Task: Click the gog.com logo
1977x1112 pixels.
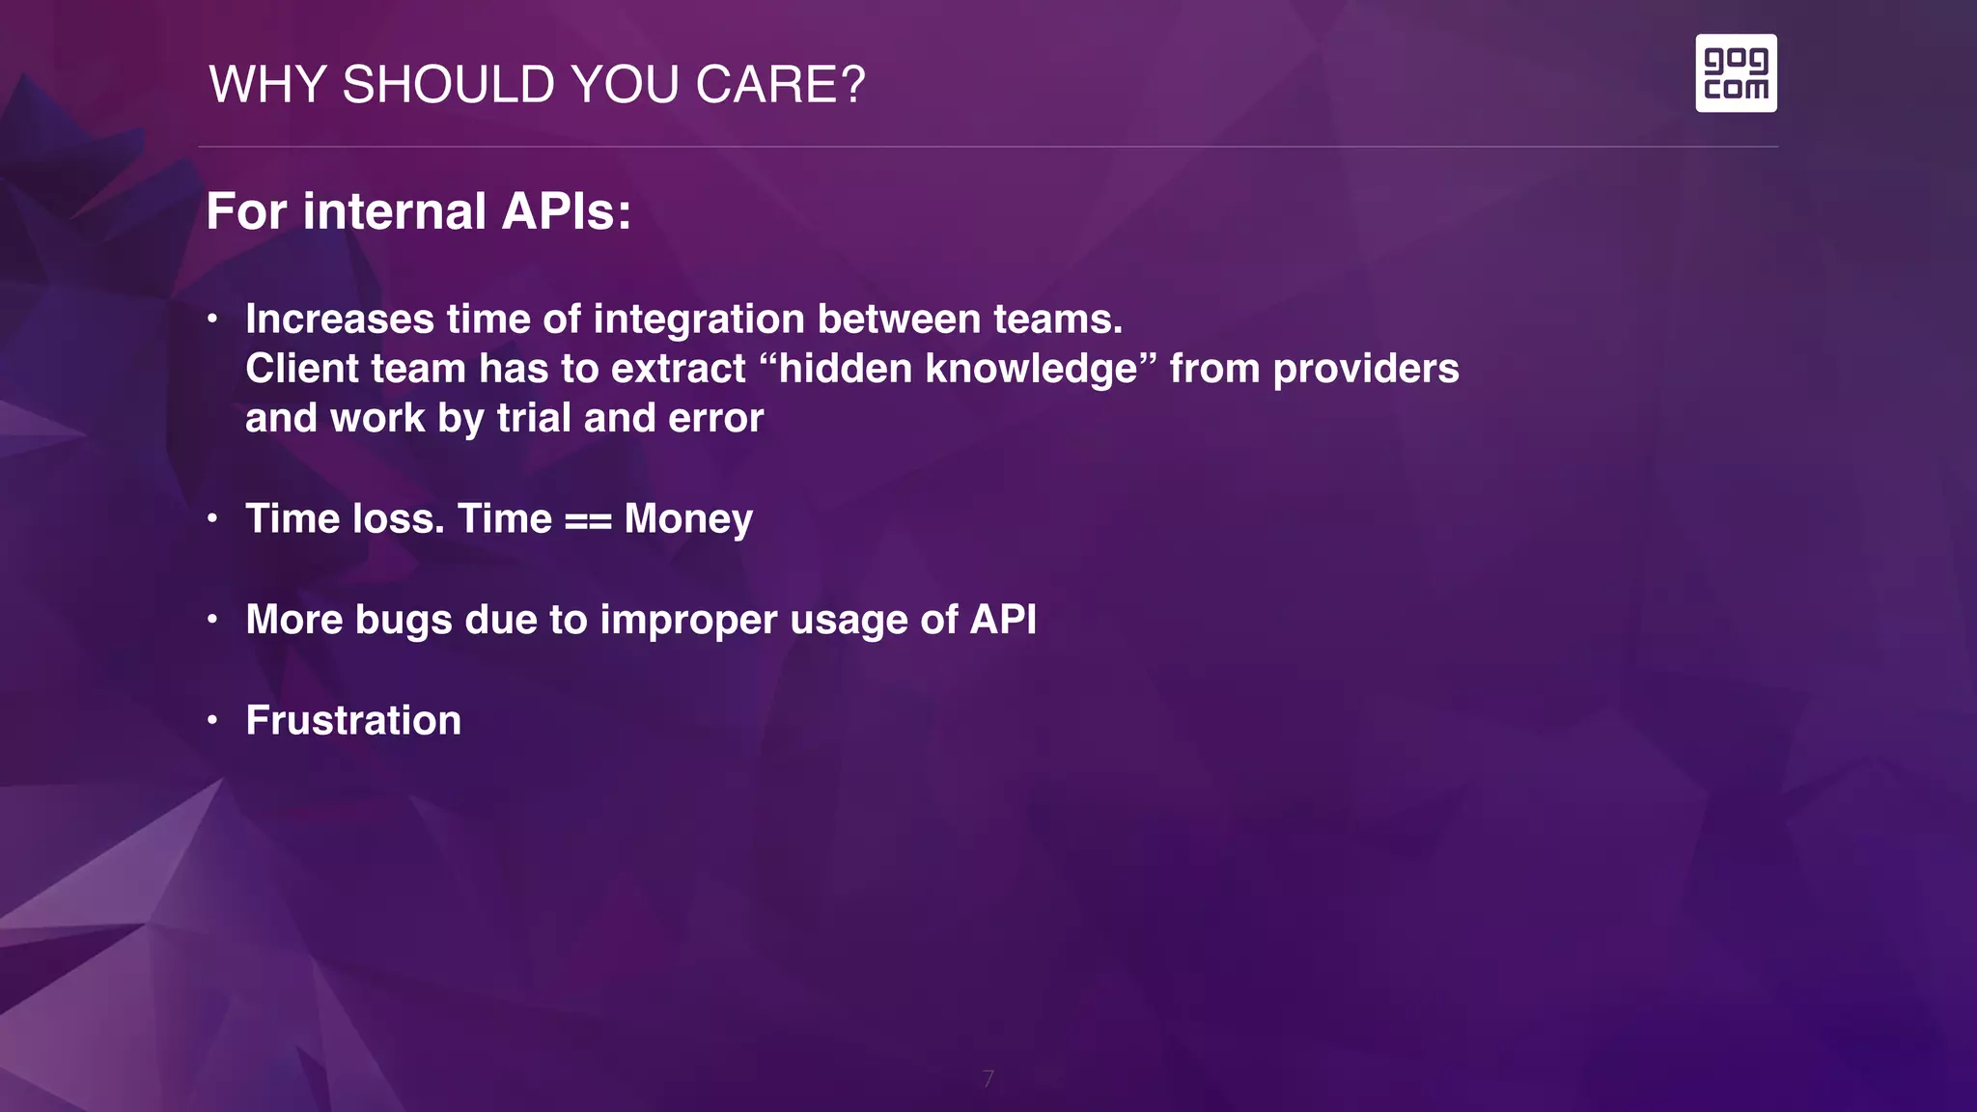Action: [x=1736, y=73]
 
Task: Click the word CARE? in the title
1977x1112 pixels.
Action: [x=780, y=85]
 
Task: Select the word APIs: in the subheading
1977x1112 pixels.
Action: [x=567, y=211]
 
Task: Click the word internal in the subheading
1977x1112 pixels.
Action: [x=394, y=211]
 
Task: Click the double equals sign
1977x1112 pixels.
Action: [x=588, y=519]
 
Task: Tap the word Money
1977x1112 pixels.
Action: [x=688, y=519]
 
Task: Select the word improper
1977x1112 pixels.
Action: [x=688, y=620]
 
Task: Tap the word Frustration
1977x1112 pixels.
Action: [x=353, y=721]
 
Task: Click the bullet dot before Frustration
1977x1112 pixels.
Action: [x=212, y=720]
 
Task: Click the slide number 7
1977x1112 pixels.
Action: [x=988, y=1078]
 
